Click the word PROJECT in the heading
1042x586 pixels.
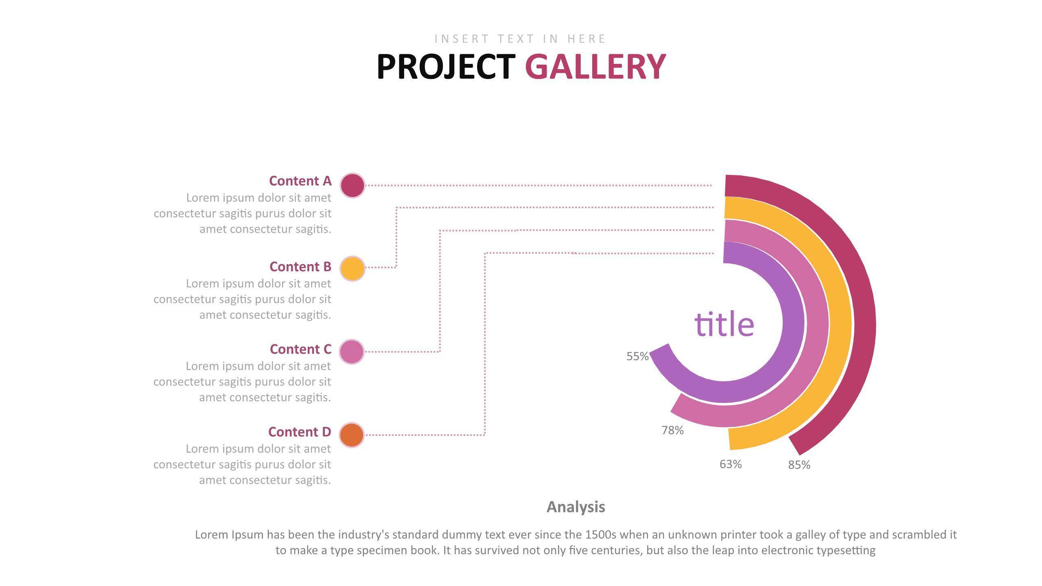[x=446, y=67]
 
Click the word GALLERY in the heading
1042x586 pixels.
[x=595, y=67]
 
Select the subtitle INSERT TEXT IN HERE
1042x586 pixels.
[x=520, y=39]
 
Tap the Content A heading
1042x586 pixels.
[x=300, y=181]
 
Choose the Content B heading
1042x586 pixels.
[x=300, y=267]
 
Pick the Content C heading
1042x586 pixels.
[x=300, y=350]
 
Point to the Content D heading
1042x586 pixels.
[x=300, y=432]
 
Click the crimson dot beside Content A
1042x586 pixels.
[x=352, y=186]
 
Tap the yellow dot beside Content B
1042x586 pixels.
[x=352, y=269]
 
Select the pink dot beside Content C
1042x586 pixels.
[x=352, y=352]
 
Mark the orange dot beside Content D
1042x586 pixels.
[x=352, y=435]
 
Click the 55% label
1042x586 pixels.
[x=637, y=356]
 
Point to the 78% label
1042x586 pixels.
[x=672, y=430]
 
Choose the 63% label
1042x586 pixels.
[x=731, y=464]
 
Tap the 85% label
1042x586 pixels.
[x=799, y=465]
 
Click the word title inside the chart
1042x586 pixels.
[x=724, y=324]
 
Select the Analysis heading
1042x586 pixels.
[x=576, y=507]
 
